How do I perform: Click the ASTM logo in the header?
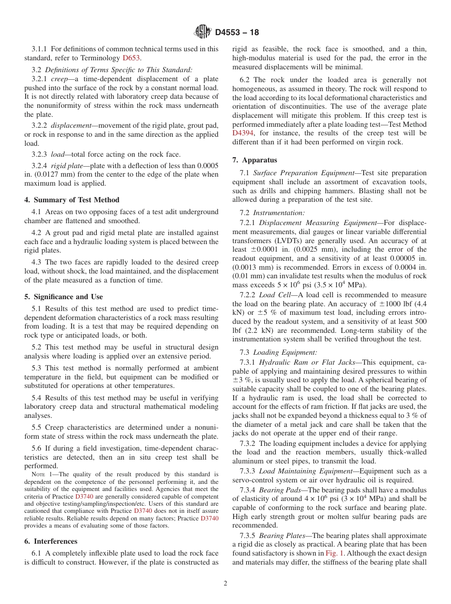coord(203,32)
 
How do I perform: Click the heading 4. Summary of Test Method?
coord(72,200)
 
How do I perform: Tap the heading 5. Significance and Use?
coord(63,297)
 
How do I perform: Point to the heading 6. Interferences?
coord(51,541)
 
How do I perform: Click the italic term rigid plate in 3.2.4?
coord(65,166)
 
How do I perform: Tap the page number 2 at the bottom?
coord(225,584)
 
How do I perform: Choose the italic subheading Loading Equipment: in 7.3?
coord(285,352)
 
